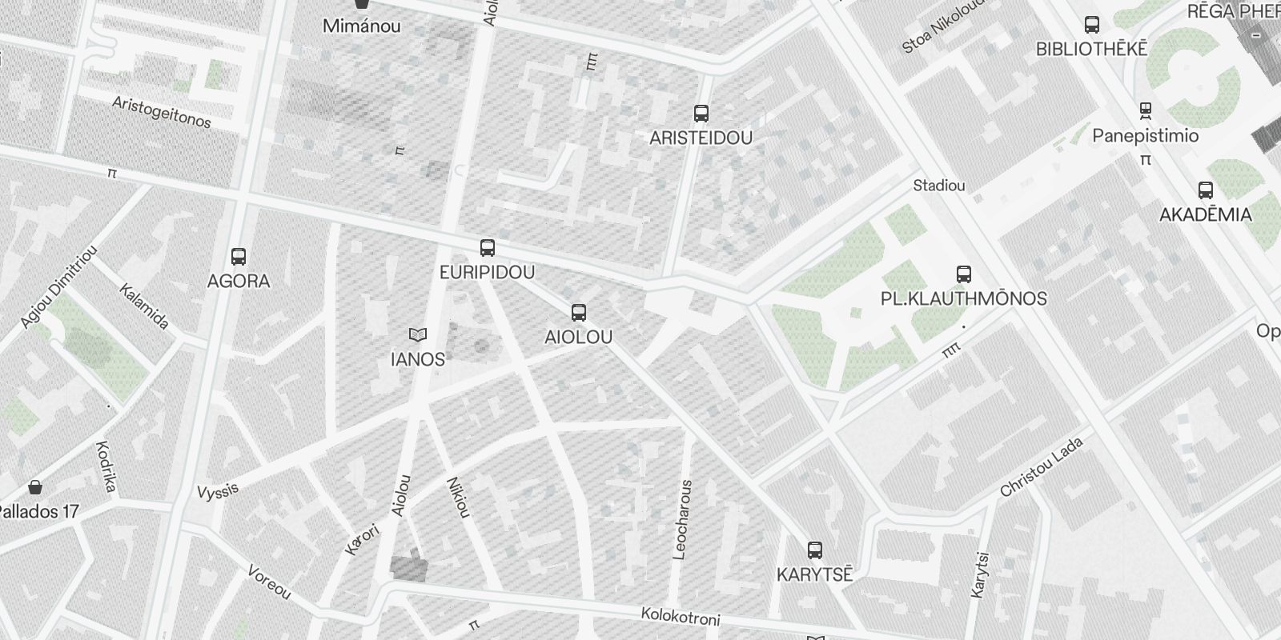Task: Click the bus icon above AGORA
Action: (x=238, y=257)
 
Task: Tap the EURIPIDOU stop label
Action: (x=487, y=273)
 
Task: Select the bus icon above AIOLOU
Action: (x=578, y=313)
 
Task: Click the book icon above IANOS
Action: (x=417, y=334)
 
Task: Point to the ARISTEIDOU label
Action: (x=701, y=138)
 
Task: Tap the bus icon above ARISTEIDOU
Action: (x=701, y=114)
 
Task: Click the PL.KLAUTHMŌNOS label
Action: (x=963, y=299)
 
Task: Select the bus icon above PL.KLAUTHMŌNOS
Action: (x=964, y=274)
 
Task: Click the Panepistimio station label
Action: (x=1145, y=136)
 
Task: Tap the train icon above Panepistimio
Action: (x=1146, y=110)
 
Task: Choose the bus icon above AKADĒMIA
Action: (x=1205, y=190)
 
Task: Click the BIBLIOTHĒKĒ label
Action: (x=1091, y=50)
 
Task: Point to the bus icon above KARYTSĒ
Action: (x=814, y=550)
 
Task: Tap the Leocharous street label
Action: (x=682, y=518)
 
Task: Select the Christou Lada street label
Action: (x=1041, y=467)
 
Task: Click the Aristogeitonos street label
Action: (x=162, y=113)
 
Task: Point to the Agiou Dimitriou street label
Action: (x=59, y=286)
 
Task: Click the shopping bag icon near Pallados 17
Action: (x=35, y=487)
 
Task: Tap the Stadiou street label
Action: (x=938, y=186)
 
